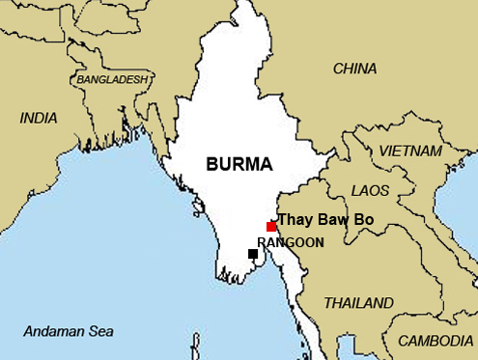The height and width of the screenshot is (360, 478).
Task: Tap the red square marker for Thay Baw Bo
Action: click(x=271, y=226)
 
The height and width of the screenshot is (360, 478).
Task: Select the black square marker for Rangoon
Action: click(x=253, y=254)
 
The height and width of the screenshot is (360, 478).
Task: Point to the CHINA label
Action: click(x=354, y=69)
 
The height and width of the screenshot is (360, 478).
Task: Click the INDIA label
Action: click(x=40, y=118)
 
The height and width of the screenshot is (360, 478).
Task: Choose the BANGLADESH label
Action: click(x=114, y=78)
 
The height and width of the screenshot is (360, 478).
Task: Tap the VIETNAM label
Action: click(x=410, y=152)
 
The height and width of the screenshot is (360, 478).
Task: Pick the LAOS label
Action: click(x=371, y=191)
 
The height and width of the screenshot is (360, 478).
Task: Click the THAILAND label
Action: click(x=358, y=302)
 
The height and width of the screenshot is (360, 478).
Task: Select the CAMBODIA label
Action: click(x=436, y=341)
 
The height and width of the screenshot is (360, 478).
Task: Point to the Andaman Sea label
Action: click(x=68, y=330)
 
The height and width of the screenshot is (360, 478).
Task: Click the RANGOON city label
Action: click(x=291, y=242)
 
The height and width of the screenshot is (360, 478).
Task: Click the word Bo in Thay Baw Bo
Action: click(x=363, y=220)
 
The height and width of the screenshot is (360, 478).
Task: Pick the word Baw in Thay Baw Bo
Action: click(x=331, y=220)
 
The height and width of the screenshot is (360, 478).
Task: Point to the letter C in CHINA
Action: click(x=338, y=69)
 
